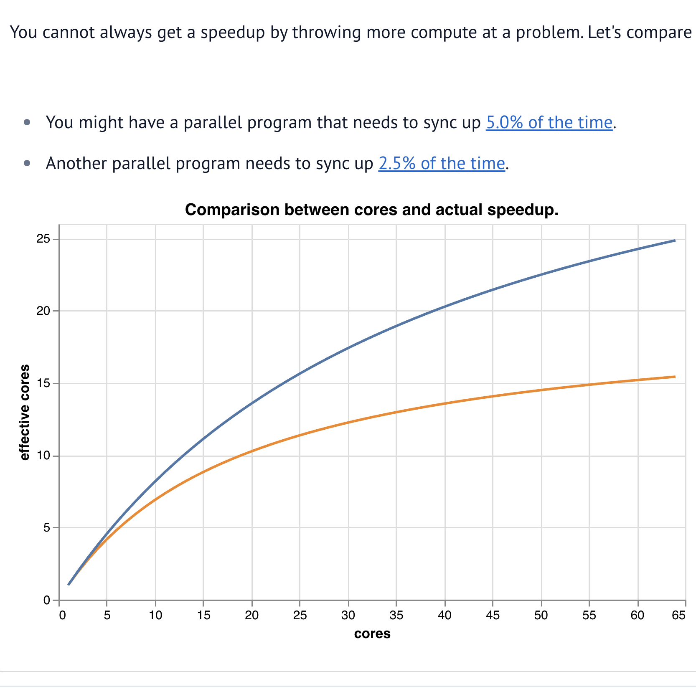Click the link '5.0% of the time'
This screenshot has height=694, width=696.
549,123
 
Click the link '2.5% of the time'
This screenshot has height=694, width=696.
442,164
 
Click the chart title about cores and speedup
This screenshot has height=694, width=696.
371,210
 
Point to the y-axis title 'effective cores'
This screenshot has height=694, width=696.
25,412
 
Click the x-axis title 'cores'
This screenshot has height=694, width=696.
372,633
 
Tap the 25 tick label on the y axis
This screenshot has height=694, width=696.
43,239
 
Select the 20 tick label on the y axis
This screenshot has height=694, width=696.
43,311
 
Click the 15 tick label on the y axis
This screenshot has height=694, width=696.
43,383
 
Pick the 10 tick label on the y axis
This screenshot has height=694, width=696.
43,456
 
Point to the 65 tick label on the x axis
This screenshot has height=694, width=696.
679,615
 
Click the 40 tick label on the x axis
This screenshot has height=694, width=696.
445,615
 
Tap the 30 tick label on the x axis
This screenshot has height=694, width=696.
348,615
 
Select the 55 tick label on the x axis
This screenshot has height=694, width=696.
589,615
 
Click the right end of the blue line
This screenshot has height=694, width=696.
675,241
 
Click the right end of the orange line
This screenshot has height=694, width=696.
675,377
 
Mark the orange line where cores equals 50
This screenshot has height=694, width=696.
541,390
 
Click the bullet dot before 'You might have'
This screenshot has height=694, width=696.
28,122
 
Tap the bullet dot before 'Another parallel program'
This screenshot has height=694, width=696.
28,163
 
